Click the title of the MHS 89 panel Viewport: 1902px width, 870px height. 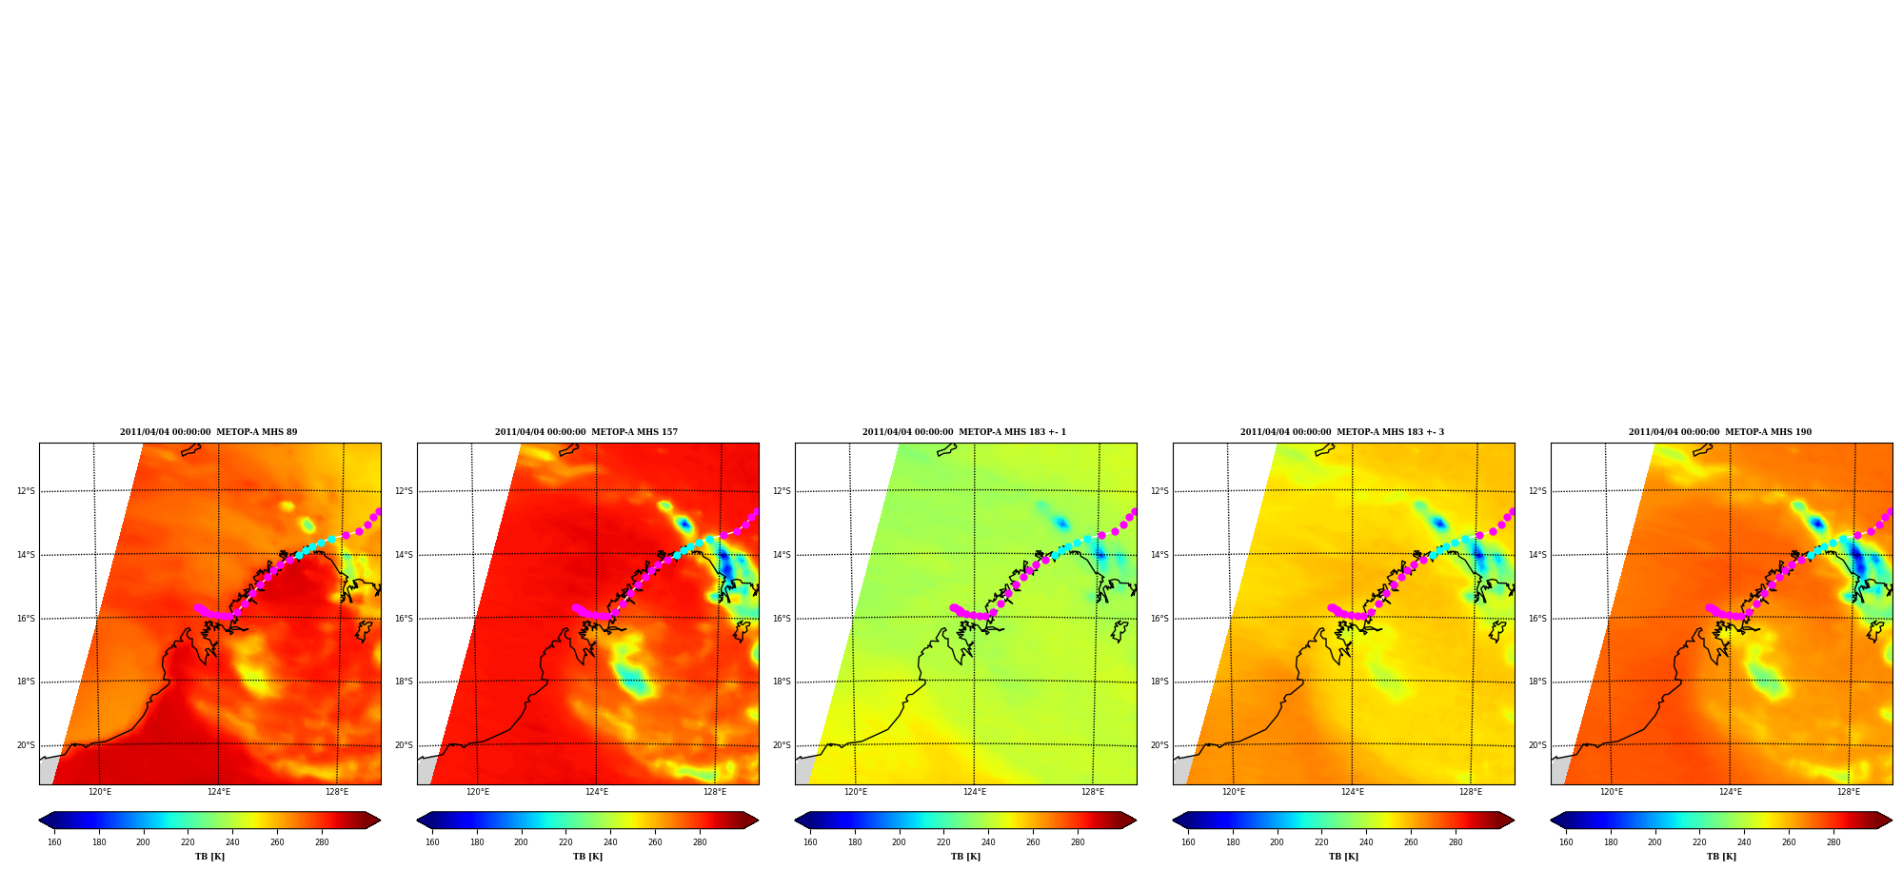coord(208,432)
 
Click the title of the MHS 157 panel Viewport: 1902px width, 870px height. coord(586,432)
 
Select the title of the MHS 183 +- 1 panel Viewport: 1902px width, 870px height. coord(964,432)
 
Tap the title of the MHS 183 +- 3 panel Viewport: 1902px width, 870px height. coord(1342,432)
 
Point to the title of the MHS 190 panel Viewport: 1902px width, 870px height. coord(1720,432)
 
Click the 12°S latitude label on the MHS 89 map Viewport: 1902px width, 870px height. coord(26,491)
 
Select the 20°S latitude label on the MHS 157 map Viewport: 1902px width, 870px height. coord(404,745)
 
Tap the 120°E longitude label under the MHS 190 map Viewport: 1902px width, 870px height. coord(1612,792)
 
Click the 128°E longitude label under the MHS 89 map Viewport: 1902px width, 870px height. coord(337,792)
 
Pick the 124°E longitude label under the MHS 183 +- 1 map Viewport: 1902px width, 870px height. coord(975,792)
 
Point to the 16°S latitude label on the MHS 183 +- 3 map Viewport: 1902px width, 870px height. coord(1159,619)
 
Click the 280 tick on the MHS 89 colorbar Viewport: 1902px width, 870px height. coord(322,841)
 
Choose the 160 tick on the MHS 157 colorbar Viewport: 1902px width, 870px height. coord(432,841)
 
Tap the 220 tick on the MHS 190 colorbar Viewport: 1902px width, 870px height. coord(1699,841)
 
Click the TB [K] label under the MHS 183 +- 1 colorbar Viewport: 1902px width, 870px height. coord(965,857)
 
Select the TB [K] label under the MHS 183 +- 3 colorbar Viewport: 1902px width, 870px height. coord(1343,857)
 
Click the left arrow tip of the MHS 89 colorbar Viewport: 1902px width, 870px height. coord(39,821)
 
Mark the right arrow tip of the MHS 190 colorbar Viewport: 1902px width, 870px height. coord(1892,821)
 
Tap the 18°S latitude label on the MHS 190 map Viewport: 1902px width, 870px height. coord(1537,682)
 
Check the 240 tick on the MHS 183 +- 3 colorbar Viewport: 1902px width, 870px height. coord(1366,841)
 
